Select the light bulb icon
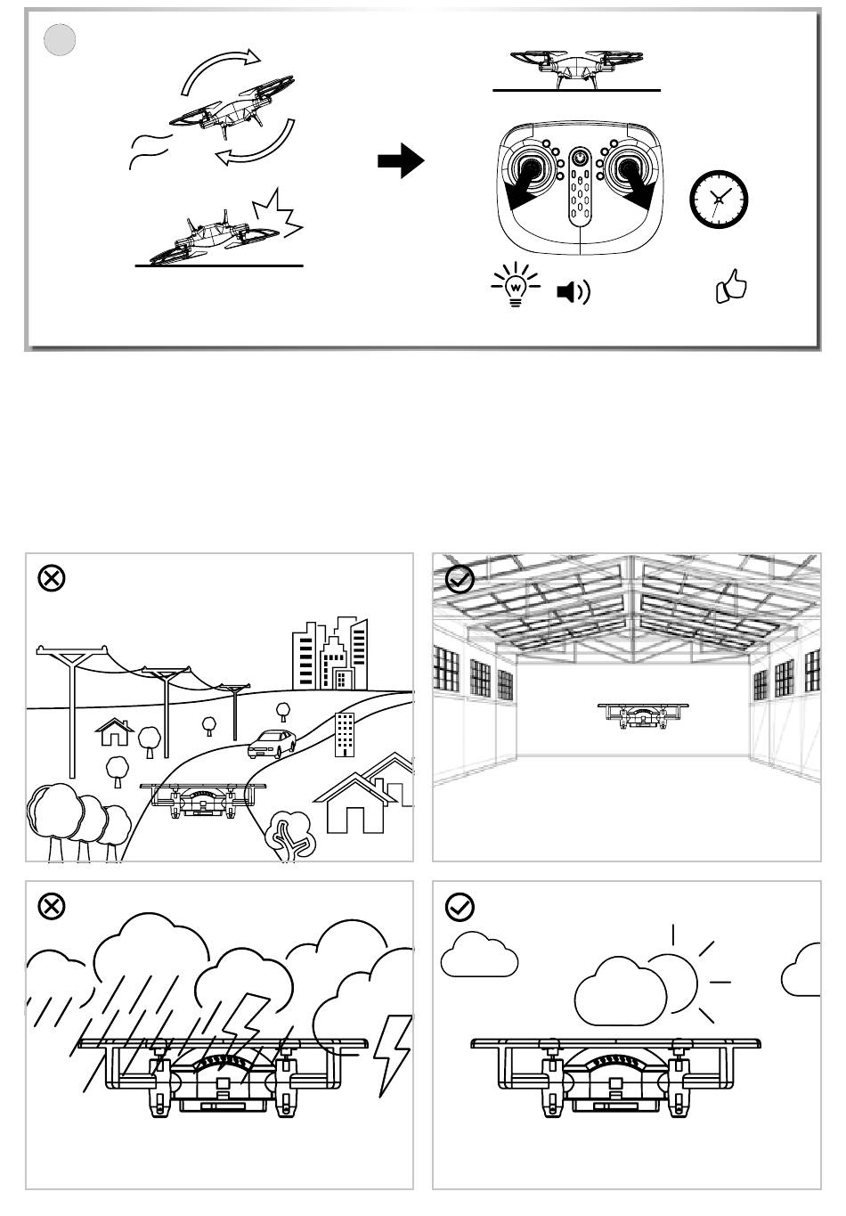[x=516, y=286]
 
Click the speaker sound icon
[x=573, y=292]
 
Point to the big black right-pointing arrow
[x=401, y=161]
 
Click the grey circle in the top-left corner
[x=60, y=40]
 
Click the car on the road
[x=273, y=743]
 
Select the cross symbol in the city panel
[x=52, y=578]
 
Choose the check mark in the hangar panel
[x=460, y=580]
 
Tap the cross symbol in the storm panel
[x=52, y=907]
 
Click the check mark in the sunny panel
[x=460, y=907]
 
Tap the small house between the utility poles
[x=114, y=732]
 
